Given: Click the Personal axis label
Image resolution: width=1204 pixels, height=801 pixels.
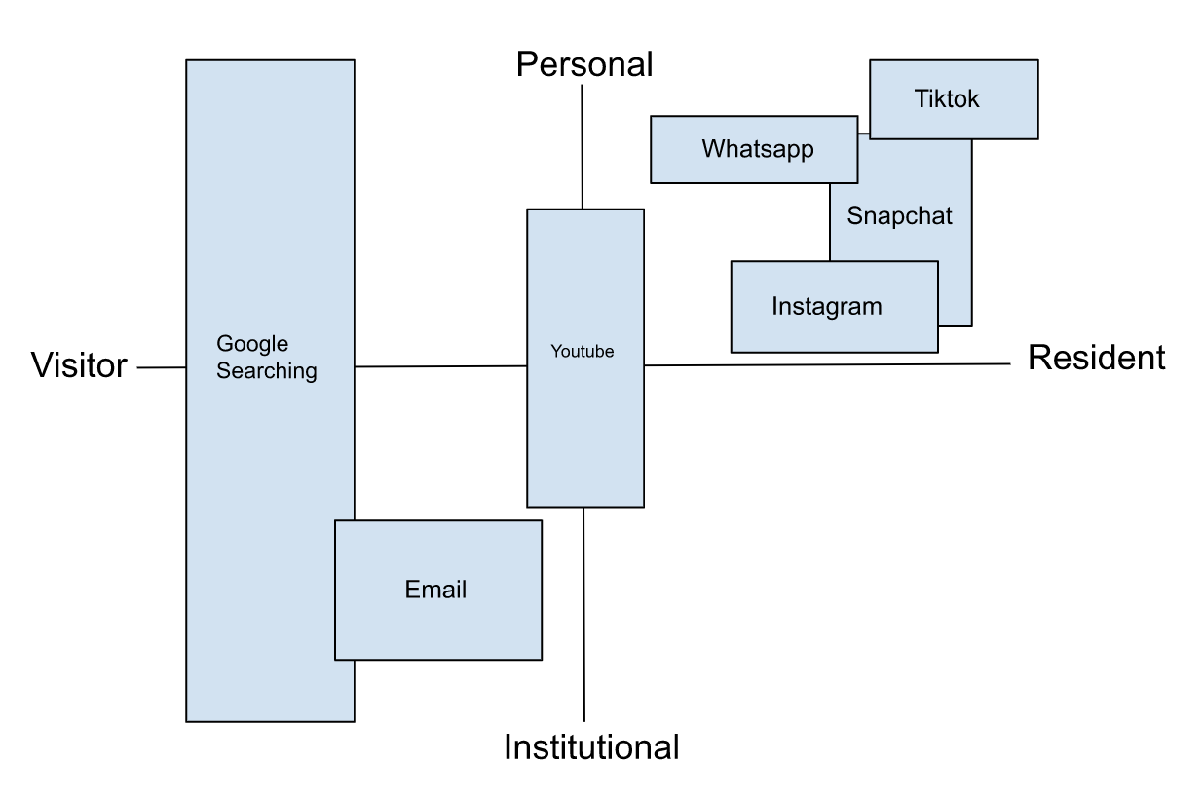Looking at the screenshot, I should [583, 65].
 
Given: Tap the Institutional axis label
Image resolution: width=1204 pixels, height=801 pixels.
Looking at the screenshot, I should [591, 747].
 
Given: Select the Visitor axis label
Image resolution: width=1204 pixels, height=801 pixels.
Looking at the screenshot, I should [79, 366].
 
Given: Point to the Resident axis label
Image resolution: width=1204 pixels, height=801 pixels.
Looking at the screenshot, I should [1096, 358].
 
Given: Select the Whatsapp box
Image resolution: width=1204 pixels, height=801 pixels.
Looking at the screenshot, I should [753, 167].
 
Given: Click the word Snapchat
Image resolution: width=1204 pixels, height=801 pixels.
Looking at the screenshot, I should [899, 216].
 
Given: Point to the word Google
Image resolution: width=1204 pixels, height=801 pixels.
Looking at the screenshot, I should [252, 344].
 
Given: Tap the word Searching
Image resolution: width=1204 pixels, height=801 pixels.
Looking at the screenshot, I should [267, 371].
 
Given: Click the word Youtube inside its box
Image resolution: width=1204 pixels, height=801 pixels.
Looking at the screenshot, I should [583, 352].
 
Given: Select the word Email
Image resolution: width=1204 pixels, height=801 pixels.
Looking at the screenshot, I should [435, 590].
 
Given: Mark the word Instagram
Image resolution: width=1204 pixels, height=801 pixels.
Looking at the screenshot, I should [826, 306].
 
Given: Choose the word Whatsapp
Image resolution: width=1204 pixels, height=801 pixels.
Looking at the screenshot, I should [757, 149].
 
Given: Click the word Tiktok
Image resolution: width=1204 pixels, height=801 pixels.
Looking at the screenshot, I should [947, 98].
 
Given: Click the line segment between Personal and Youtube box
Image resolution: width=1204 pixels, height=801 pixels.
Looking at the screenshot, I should [582, 146].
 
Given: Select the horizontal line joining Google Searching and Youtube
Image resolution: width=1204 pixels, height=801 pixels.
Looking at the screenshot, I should [440, 366].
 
